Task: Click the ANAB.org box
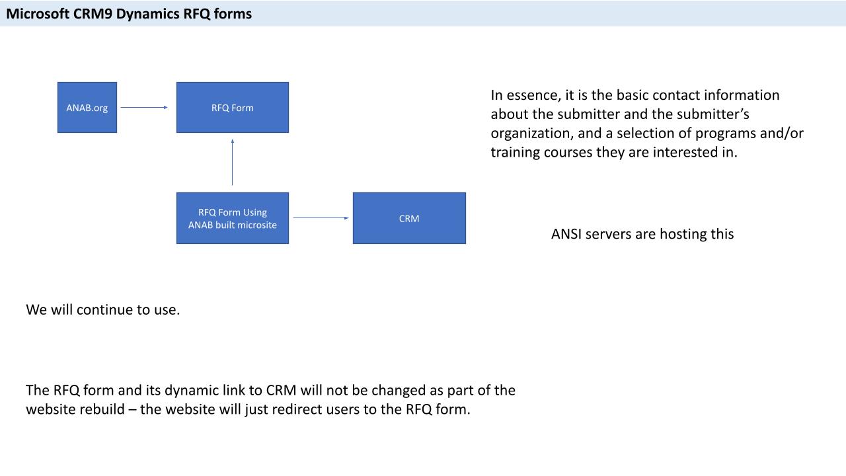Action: pyautogui.click(x=87, y=108)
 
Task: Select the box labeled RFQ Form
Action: pyautogui.click(x=233, y=108)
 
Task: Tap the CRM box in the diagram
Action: pyautogui.click(x=409, y=218)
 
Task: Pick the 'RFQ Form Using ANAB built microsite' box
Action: pyautogui.click(x=233, y=218)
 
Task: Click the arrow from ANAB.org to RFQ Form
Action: pyautogui.click(x=144, y=107)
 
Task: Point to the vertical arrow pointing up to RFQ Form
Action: pyautogui.click(x=233, y=162)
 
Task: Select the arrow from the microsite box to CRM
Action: pyautogui.click(x=321, y=218)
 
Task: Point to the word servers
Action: pyautogui.click(x=609, y=234)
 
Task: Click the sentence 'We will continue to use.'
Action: pyautogui.click(x=102, y=309)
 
